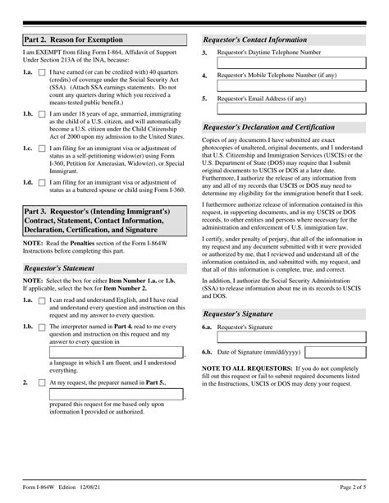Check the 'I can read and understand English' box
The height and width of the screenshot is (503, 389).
pos(42,301)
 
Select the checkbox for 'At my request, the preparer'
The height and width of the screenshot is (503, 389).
pos(42,382)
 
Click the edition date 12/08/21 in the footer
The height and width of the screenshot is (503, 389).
pos(98,491)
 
